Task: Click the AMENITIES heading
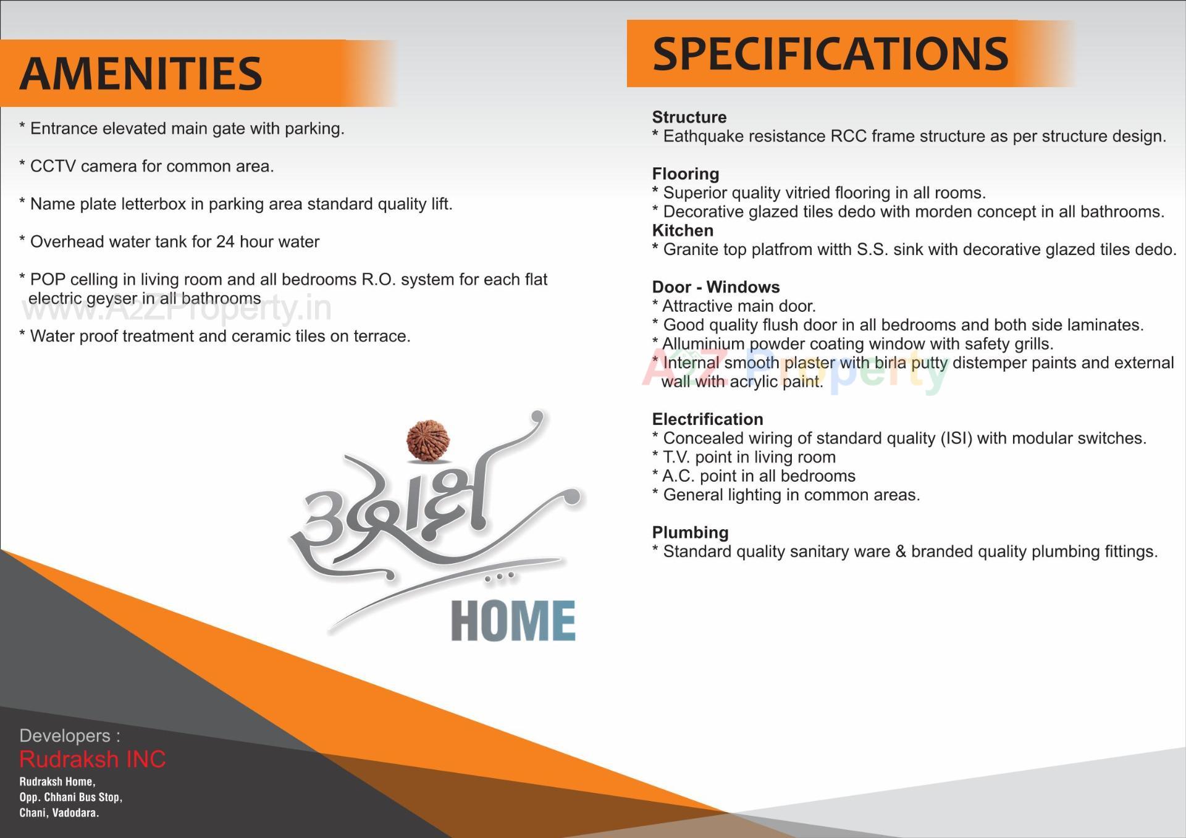click(x=141, y=73)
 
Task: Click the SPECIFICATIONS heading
click(x=830, y=54)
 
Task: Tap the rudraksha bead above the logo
click(x=427, y=440)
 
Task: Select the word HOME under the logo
click(x=513, y=621)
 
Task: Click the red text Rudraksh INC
click(x=93, y=759)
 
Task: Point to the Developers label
click(x=69, y=735)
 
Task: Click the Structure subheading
click(x=689, y=117)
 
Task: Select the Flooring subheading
click(x=685, y=174)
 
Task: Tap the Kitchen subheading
click(x=683, y=230)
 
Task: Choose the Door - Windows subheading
click(x=715, y=287)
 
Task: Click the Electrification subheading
click(x=707, y=419)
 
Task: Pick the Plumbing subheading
click(x=690, y=532)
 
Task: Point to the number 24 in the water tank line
click(x=225, y=242)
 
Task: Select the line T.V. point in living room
click(x=749, y=458)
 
